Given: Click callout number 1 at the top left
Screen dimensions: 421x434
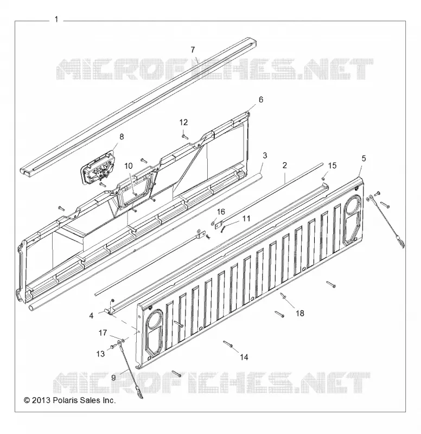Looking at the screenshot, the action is [x=56, y=20].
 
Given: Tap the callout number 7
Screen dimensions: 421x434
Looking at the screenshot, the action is [x=193, y=50].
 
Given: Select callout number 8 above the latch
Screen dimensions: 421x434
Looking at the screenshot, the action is [x=121, y=137].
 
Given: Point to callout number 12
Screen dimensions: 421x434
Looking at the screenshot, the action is [x=183, y=123].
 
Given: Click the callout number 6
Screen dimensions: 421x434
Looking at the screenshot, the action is [x=261, y=100].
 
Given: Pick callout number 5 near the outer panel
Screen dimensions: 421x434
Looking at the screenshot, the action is [x=363, y=158].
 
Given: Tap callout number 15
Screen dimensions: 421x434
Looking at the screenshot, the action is [x=332, y=165].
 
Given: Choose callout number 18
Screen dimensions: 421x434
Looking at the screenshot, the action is [x=300, y=314].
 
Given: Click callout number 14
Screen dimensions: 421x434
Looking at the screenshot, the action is [x=244, y=358].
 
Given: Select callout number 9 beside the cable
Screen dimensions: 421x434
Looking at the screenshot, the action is [x=113, y=378].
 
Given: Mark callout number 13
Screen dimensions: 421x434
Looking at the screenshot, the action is [x=100, y=354].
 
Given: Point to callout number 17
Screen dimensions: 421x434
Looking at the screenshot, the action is [x=103, y=333].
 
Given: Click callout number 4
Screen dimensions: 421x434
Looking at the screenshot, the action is [x=91, y=316].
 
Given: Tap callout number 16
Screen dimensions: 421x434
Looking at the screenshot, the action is [x=221, y=212].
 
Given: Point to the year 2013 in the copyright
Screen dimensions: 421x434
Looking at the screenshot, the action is [x=41, y=400].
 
